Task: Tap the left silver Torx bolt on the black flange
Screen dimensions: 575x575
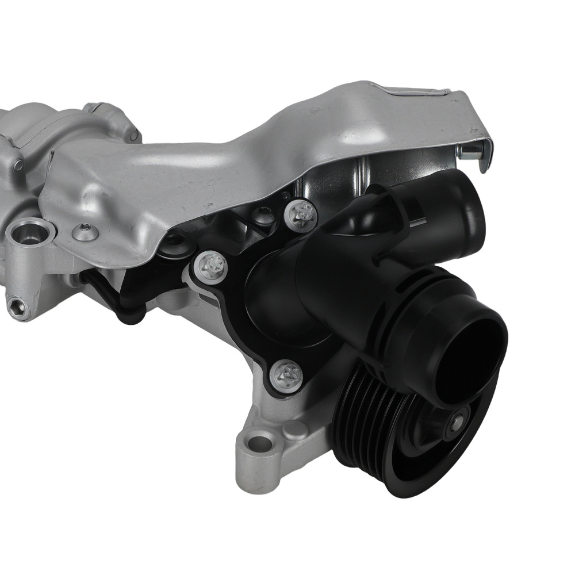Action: click(210, 266)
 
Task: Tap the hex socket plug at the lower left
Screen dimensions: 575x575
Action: click(18, 308)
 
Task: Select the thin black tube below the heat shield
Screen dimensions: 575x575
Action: click(106, 293)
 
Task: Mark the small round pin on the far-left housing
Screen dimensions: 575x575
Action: click(19, 166)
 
